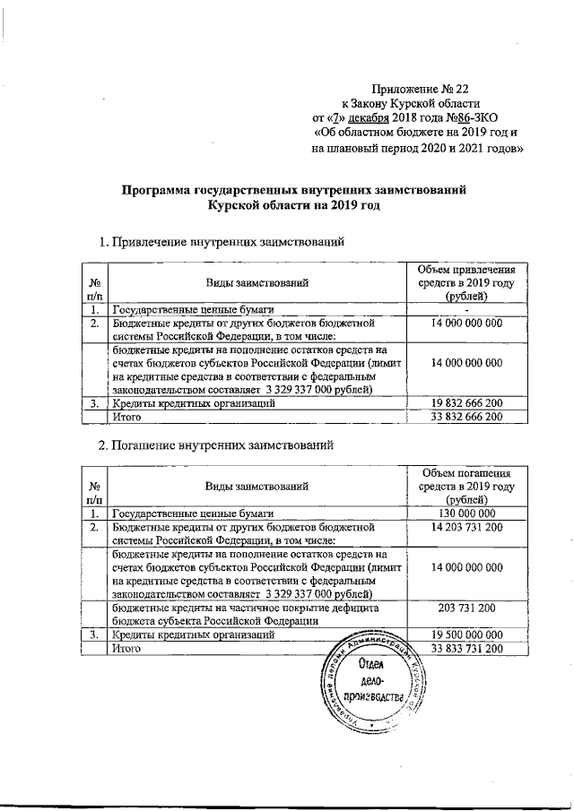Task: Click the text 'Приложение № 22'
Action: click(421, 88)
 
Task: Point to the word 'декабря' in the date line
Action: click(367, 116)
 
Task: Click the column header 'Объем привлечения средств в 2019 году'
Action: click(465, 282)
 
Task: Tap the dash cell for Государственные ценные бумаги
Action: click(465, 310)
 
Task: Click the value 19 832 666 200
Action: click(465, 403)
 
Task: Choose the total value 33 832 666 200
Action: click(465, 417)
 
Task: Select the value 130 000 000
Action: click(465, 513)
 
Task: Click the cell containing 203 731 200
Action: click(465, 607)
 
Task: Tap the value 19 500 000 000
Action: click(465, 634)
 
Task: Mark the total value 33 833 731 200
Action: click(465, 648)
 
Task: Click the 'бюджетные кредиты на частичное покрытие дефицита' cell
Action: click(256, 614)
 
